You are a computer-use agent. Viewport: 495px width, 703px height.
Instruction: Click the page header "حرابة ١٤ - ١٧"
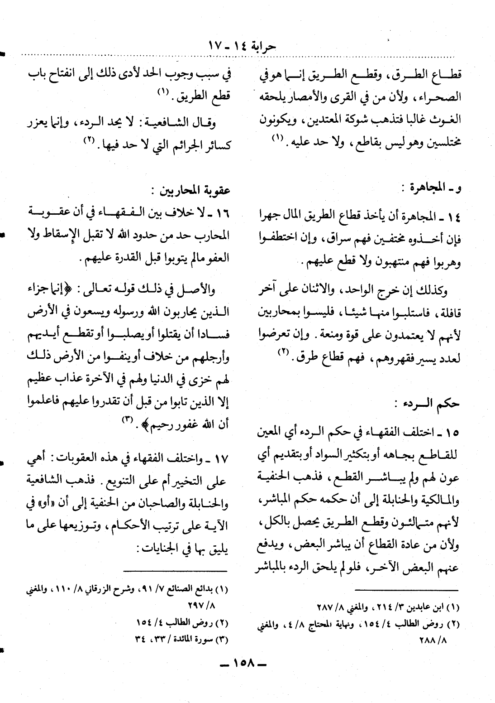coord(242,46)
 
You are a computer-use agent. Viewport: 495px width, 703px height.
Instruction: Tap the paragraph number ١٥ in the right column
coord(450,433)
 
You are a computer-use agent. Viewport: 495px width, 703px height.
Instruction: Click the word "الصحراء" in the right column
coord(445,97)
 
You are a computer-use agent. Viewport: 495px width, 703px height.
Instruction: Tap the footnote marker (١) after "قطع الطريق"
coord(162,92)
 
